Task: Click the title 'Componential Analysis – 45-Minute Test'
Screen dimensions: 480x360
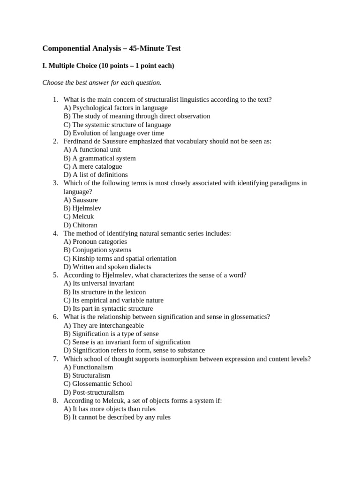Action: click(x=111, y=48)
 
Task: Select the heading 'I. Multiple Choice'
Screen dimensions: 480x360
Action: click(x=108, y=66)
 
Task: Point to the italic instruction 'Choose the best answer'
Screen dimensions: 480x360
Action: click(x=102, y=82)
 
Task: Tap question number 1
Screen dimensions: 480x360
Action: click(x=55, y=99)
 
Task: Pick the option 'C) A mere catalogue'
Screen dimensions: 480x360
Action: click(x=93, y=166)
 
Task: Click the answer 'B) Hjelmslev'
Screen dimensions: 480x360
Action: click(x=82, y=208)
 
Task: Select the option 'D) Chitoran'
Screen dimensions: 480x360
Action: click(x=81, y=225)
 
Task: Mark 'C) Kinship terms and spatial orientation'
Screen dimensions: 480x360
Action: click(x=120, y=258)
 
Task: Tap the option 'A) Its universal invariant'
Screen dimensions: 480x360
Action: click(x=99, y=283)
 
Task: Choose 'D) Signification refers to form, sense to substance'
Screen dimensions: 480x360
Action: click(x=134, y=350)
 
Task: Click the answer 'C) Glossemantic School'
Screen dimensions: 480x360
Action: click(x=98, y=383)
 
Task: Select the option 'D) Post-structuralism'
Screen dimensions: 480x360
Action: click(x=94, y=392)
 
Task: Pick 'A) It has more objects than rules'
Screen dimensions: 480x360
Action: click(x=110, y=409)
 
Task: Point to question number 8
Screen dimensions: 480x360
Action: click(x=55, y=400)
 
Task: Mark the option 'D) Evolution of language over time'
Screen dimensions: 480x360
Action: click(x=114, y=133)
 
